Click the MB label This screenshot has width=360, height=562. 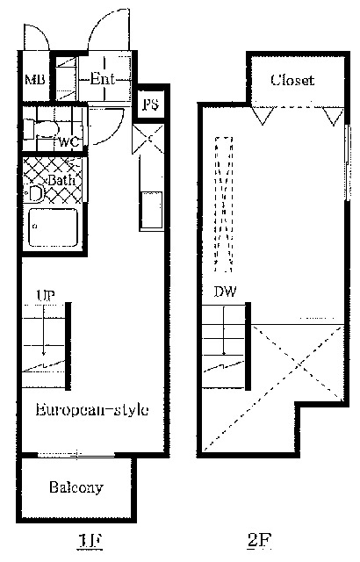[35, 79]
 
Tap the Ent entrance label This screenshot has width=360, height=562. [103, 78]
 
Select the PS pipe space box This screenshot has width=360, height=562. [151, 104]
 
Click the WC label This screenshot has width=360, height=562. [68, 142]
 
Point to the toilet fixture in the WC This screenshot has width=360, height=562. [41, 129]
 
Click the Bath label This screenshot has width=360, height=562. [61, 179]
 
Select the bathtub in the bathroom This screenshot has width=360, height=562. [53, 227]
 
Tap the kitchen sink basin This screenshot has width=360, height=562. [152, 210]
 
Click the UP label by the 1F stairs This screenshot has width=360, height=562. [46, 295]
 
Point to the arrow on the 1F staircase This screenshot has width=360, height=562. [44, 330]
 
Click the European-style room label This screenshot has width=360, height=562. [92, 410]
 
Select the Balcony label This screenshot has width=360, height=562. [76, 487]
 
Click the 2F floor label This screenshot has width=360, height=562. [259, 540]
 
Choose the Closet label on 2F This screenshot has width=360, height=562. [292, 80]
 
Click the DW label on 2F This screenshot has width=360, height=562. [225, 292]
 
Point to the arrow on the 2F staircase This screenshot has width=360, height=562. [224, 330]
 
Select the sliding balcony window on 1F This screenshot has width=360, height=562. [76, 455]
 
